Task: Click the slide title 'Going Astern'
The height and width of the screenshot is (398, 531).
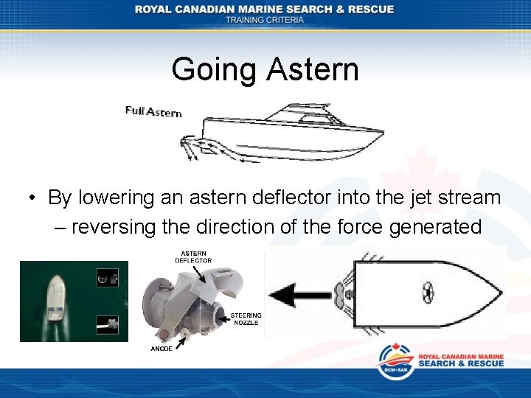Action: coord(265,70)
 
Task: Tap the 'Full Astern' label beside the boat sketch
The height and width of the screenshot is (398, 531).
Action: coord(153,111)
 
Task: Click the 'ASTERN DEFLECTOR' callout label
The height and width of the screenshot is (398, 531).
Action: coord(193,256)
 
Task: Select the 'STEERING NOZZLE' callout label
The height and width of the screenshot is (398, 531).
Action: coord(246,319)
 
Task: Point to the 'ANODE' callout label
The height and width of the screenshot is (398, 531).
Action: coord(162,349)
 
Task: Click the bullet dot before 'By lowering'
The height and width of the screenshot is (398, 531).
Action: coord(32,198)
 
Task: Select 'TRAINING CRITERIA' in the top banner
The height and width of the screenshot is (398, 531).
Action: coord(265,20)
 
